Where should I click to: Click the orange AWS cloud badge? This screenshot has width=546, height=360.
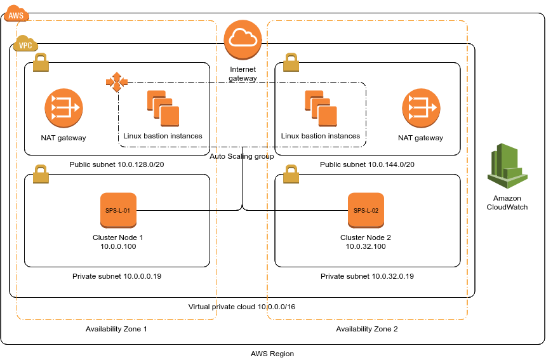[x=16, y=13]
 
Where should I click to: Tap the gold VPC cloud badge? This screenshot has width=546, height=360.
[x=25, y=44]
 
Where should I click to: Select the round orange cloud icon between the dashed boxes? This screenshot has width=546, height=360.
[x=243, y=39]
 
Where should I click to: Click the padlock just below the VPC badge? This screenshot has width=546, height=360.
[x=41, y=62]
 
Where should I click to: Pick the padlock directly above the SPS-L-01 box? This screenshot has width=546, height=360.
[x=41, y=174]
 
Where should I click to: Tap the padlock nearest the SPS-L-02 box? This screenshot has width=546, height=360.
[x=291, y=174]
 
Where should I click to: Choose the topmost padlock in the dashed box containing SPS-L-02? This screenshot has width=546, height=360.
[x=291, y=62]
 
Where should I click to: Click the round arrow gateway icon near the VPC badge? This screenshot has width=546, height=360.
[x=63, y=107]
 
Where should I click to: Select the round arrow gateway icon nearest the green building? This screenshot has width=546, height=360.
[x=421, y=107]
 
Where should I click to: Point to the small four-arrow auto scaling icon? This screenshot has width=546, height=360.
[x=117, y=82]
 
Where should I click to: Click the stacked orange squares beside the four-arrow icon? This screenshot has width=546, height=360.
[x=163, y=108]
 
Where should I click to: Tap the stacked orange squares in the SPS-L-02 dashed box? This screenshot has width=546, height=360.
[x=321, y=108]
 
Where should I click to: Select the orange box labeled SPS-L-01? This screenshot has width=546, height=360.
[x=118, y=210]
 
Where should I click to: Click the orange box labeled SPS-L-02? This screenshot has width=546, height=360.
[x=366, y=210]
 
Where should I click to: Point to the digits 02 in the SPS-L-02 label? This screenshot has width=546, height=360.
[x=375, y=210]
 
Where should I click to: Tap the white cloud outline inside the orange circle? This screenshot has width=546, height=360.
[x=243, y=39]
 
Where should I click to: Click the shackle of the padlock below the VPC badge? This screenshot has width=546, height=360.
[x=41, y=57]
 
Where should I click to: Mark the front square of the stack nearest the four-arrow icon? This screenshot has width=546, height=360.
[x=170, y=116]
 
